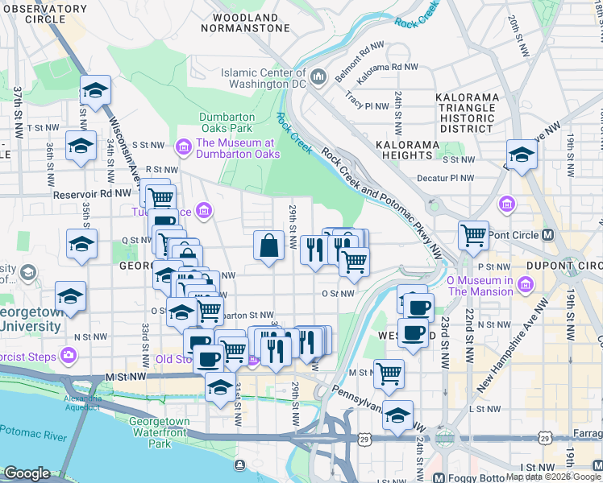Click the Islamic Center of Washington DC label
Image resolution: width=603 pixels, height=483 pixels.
[264, 78]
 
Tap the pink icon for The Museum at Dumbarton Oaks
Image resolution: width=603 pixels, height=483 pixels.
[183, 146]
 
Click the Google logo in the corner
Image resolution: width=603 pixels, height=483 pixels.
[27, 473]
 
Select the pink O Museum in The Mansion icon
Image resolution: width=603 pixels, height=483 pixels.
[525, 285]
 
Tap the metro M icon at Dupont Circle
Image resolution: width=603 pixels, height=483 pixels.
[547, 235]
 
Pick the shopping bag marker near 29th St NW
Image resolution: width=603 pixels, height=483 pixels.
[268, 246]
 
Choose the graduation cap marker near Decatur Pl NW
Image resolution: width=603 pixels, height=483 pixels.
[522, 155]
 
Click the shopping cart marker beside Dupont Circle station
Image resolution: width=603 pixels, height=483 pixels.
[473, 235]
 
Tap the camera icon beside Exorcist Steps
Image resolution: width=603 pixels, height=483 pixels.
[69, 355]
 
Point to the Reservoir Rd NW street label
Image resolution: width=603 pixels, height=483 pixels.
[91, 194]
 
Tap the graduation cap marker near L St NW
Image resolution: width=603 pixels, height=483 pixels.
[397, 415]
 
